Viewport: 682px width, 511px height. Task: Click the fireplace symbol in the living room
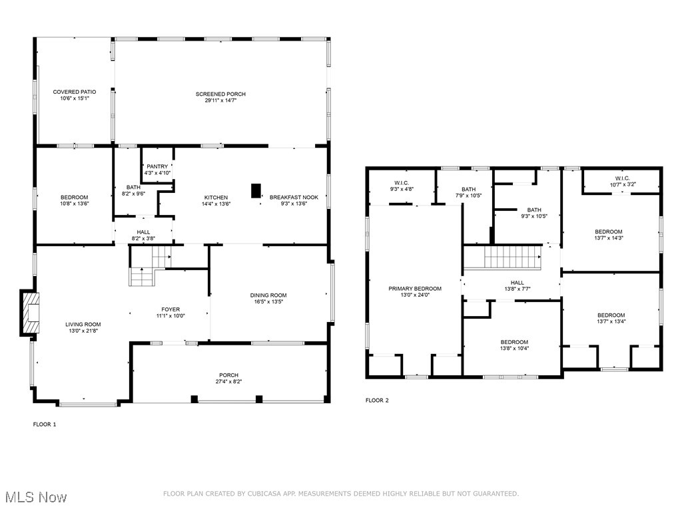tap(31, 313)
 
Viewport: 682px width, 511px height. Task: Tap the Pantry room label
tap(158, 166)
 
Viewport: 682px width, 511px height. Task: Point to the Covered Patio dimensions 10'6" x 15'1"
tap(75, 98)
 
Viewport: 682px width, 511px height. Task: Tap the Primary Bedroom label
tap(415, 289)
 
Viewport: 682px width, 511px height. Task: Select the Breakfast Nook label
tap(288, 197)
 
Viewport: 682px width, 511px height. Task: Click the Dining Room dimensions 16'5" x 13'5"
tap(268, 301)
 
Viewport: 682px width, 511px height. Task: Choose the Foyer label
tap(170, 309)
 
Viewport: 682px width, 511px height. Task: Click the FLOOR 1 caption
tap(45, 424)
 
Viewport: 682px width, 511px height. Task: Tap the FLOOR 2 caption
tap(377, 401)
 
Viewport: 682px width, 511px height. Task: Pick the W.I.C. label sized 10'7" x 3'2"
tap(622, 178)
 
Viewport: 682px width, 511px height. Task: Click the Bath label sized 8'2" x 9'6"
tap(133, 188)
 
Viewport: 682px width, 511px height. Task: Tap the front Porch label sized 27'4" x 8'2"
tap(229, 375)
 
